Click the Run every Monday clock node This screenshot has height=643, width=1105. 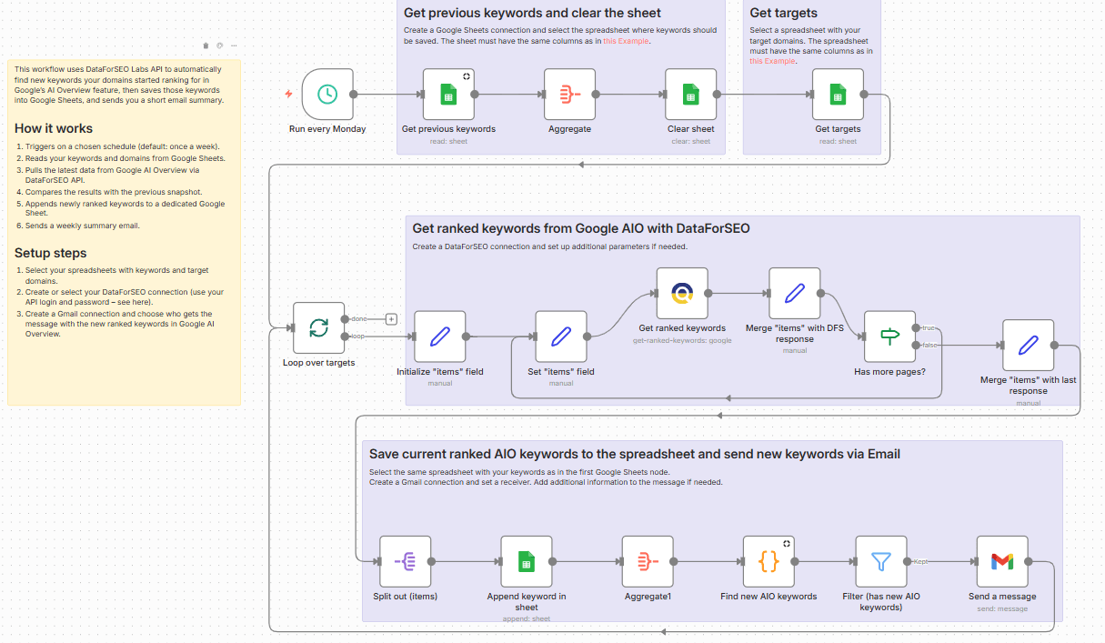coord(327,94)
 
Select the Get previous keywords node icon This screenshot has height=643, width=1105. coord(448,94)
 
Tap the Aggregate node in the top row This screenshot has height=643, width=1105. coord(570,94)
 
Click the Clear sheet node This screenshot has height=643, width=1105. coord(691,94)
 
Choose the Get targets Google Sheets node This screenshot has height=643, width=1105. coord(838,94)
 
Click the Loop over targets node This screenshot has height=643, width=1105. coord(318,327)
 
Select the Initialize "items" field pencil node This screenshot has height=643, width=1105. coord(439,337)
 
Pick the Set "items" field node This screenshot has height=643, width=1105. coord(561,337)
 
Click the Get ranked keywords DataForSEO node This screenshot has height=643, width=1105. coord(682,293)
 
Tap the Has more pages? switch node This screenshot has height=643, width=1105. coord(889,337)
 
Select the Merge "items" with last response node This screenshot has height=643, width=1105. coord(1028,346)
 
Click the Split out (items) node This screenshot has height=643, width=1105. coord(405,561)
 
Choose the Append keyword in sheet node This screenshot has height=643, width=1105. coord(526,561)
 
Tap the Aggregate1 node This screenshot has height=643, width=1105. coord(648,561)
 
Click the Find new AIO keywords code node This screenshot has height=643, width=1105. coord(768,561)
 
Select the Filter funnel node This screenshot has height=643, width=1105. coord(880,561)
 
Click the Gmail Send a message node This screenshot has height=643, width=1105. coord(1002,561)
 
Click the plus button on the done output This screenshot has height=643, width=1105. coord(391,319)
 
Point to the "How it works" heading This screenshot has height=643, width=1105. coord(54,128)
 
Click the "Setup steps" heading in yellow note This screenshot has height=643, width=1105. coord(51,253)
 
